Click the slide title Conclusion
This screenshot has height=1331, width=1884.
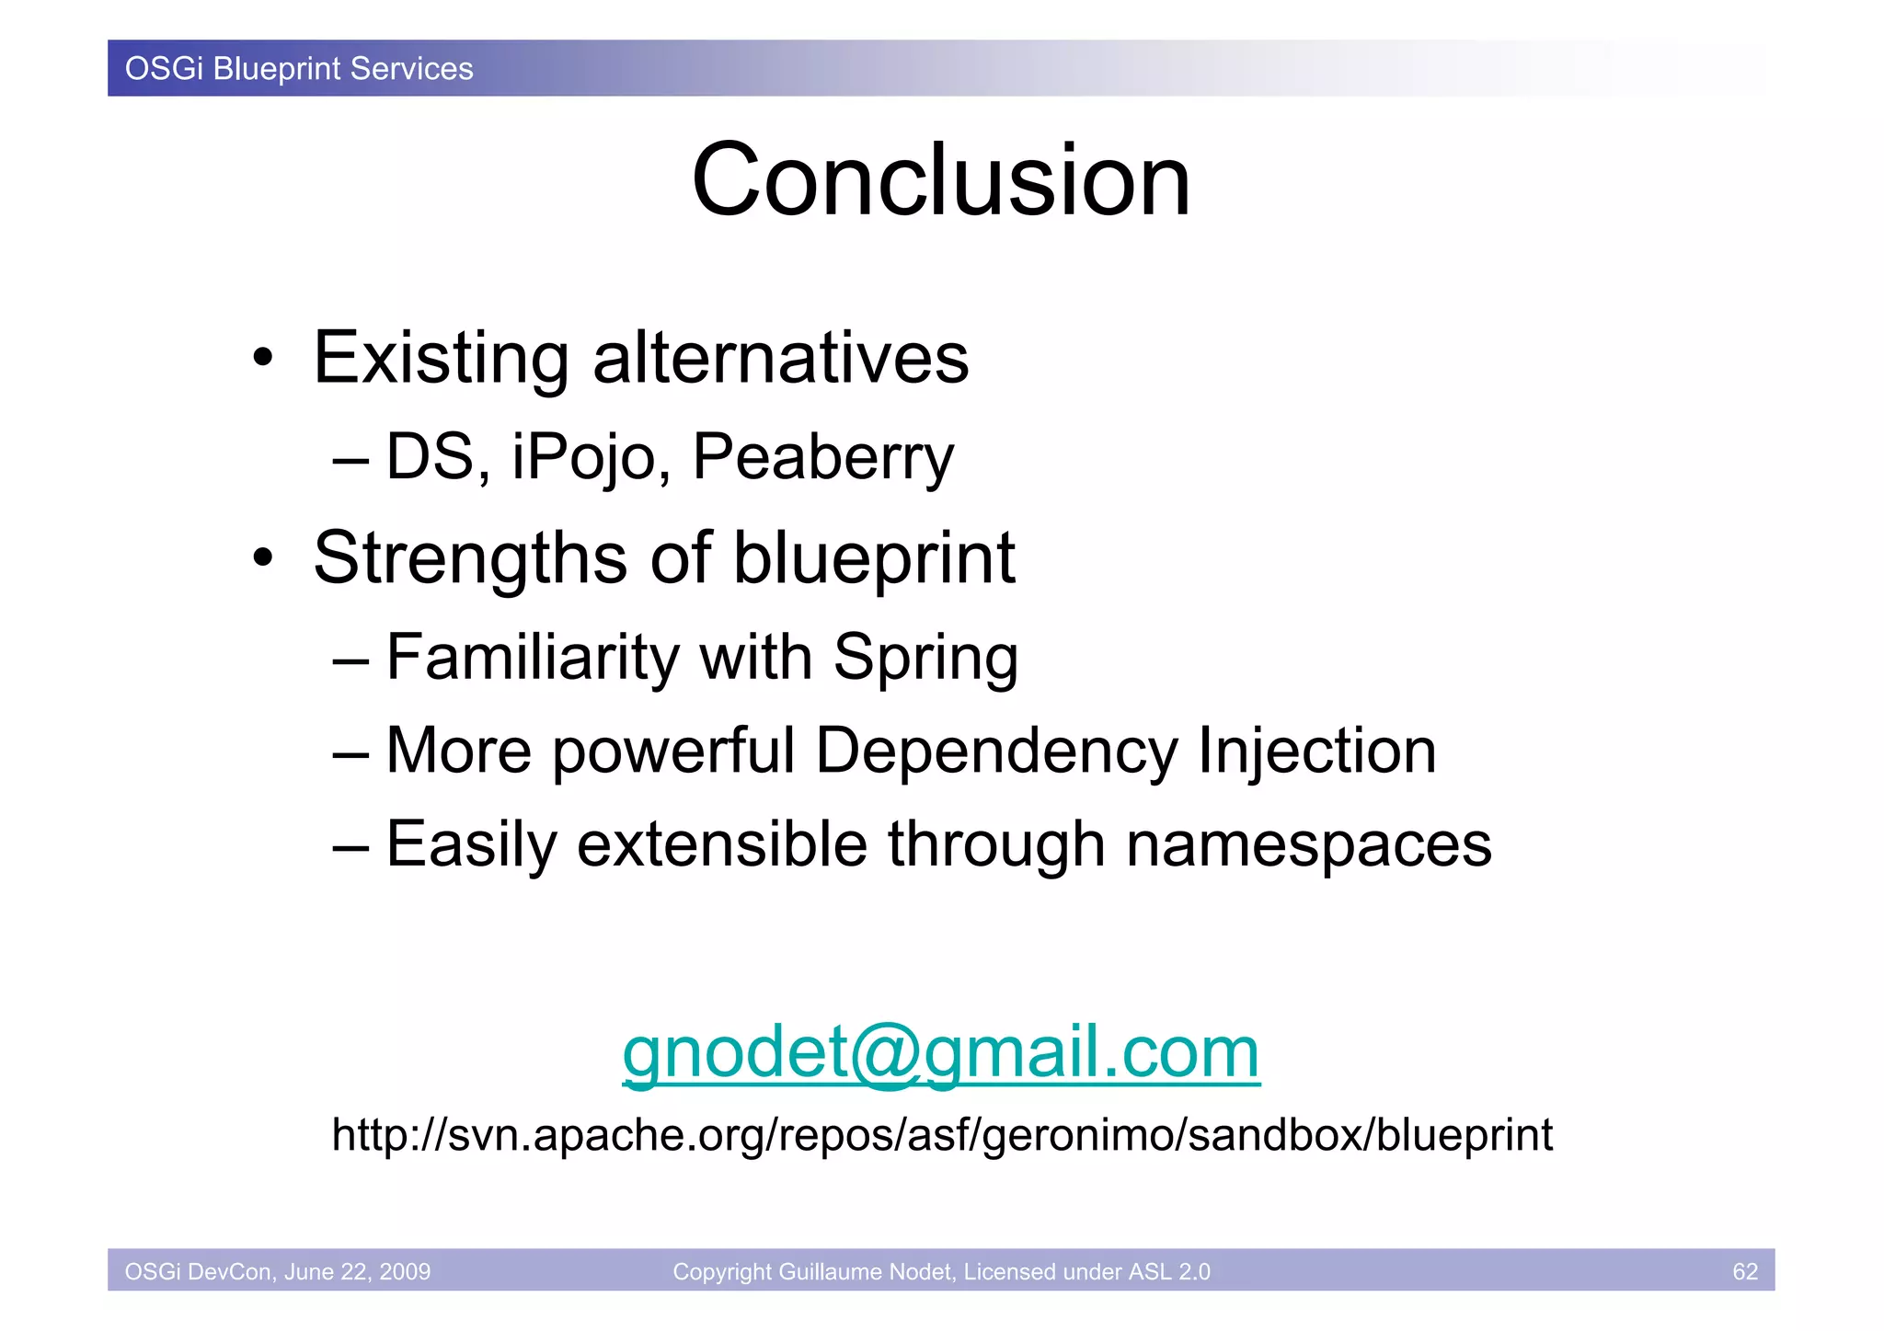click(940, 180)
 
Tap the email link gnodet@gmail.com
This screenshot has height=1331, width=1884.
click(940, 1052)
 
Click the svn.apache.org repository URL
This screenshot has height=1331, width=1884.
click(941, 1135)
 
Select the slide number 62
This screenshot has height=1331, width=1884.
click(1744, 1271)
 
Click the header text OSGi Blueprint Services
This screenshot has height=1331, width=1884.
click(299, 69)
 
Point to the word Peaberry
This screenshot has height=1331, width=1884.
click(823, 457)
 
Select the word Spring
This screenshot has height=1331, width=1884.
click(925, 658)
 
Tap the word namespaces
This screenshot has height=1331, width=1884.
click(1308, 844)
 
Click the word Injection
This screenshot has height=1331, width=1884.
click(1316, 751)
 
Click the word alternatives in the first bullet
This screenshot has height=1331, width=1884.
click(780, 358)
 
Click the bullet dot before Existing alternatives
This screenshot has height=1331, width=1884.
click(264, 359)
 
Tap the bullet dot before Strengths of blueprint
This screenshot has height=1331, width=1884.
click(264, 558)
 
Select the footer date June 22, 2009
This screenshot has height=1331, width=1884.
click(357, 1271)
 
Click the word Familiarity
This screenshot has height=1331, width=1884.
click(533, 658)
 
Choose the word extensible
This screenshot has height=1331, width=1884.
click(721, 844)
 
